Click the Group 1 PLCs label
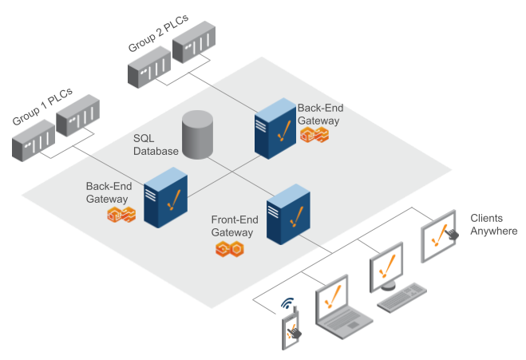(39, 110)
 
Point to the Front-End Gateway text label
(232, 226)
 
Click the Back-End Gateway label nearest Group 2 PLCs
(318, 114)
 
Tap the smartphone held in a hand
(292, 330)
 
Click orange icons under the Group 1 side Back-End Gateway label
(121, 214)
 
